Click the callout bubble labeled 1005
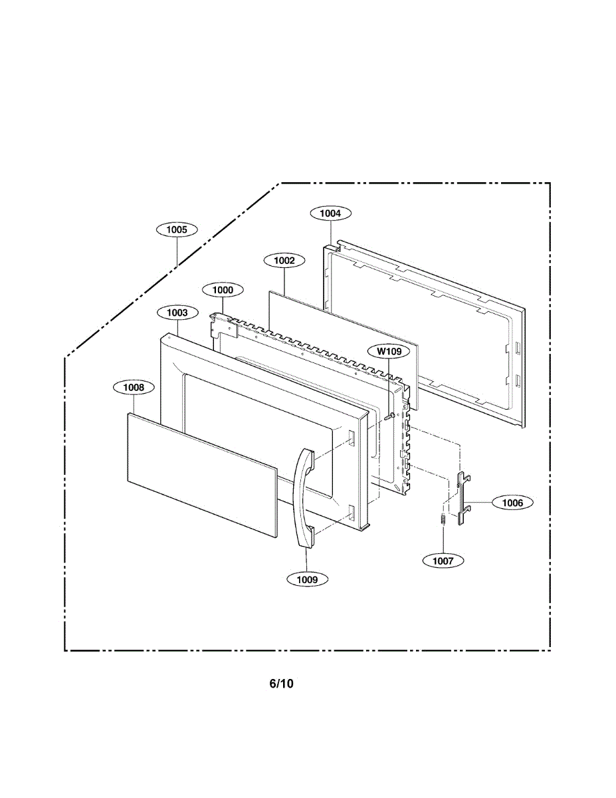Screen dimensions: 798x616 177,229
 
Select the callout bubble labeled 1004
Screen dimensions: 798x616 330,213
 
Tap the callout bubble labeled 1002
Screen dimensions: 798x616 284,261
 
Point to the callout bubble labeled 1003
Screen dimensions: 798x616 177,312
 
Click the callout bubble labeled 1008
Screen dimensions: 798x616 134,387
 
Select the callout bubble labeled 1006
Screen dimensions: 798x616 512,503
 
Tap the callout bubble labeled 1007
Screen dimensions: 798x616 443,561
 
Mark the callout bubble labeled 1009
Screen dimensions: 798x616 307,579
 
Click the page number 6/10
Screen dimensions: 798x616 281,684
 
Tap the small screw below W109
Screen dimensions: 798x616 389,417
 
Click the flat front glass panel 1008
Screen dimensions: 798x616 201,472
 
